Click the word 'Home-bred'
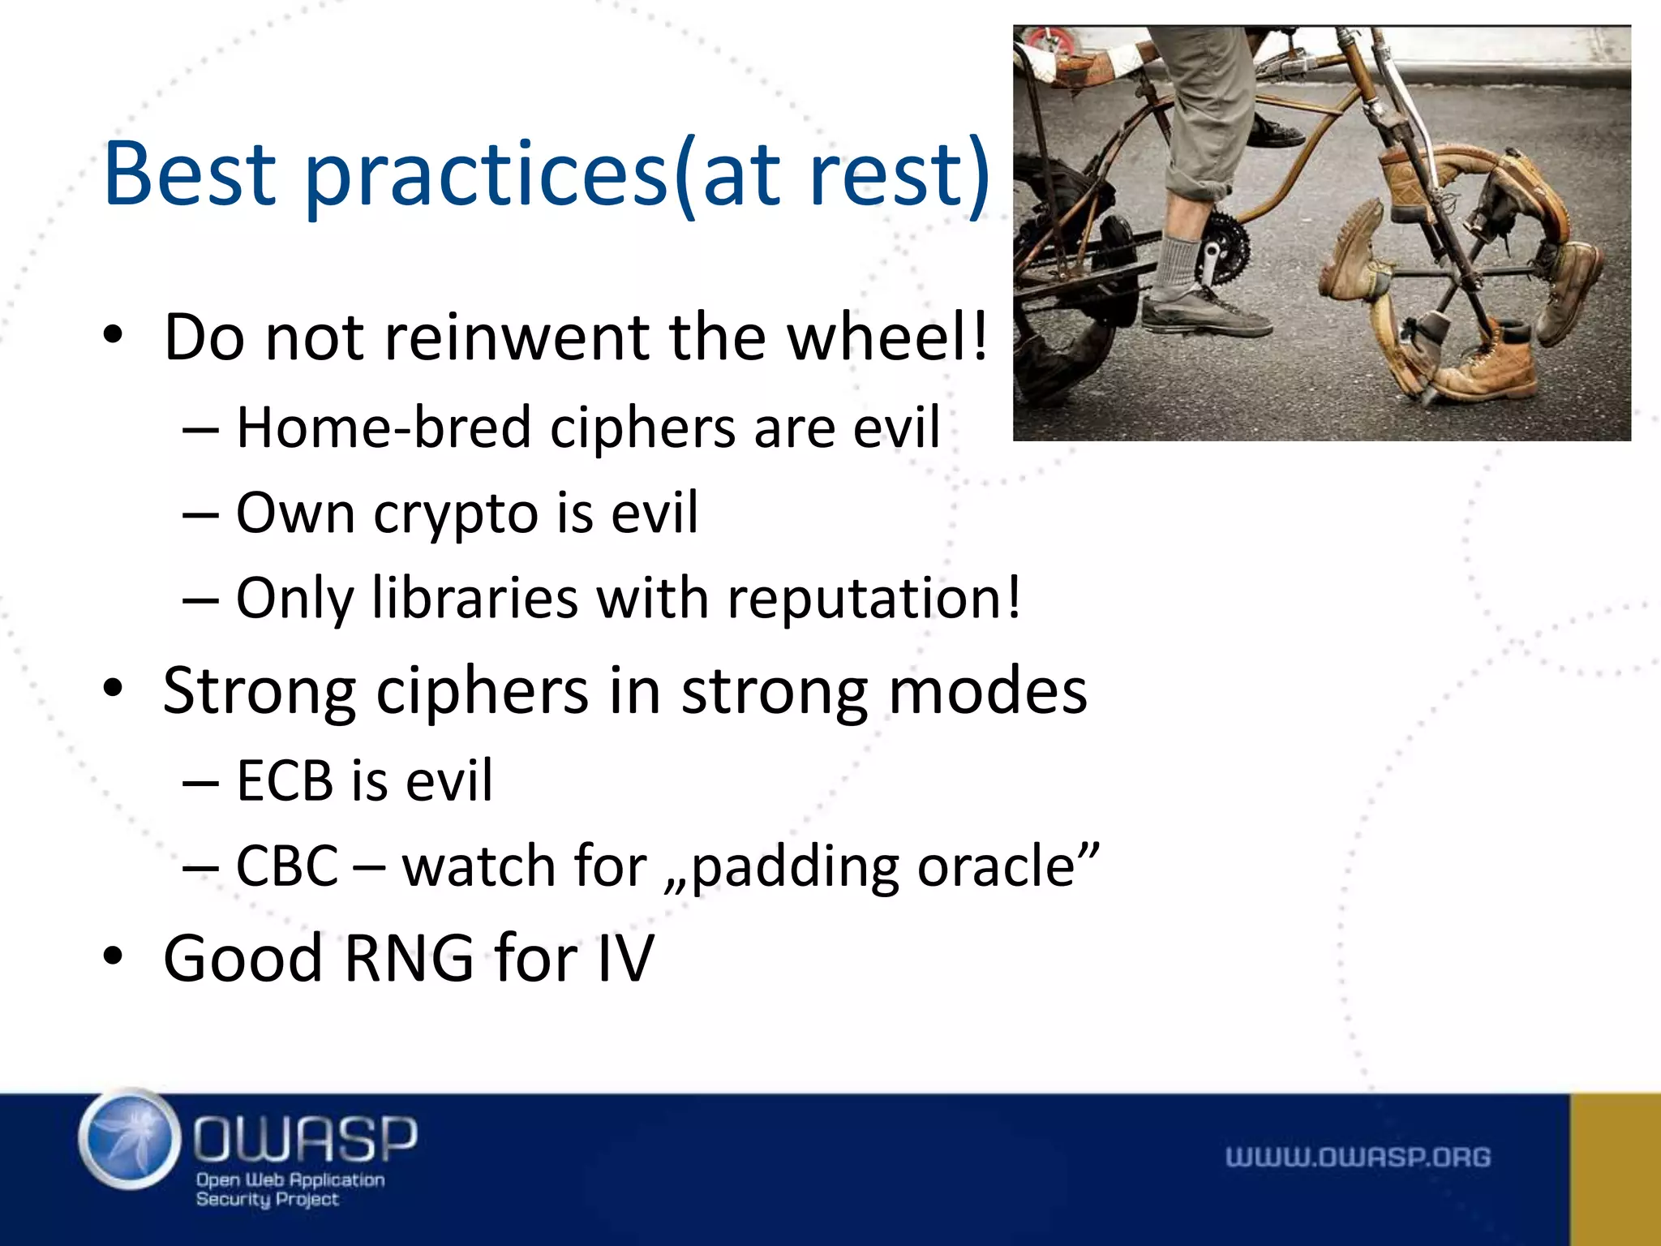pos(383,427)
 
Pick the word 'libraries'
pos(475,599)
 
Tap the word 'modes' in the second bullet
pos(988,691)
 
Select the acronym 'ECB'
pos(285,781)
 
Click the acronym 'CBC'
pos(287,866)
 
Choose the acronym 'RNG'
pos(409,959)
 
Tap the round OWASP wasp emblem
pos(130,1139)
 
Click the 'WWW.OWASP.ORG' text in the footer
pos(1358,1157)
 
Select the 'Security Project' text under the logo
pos(267,1199)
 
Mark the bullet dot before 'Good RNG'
pos(113,957)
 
